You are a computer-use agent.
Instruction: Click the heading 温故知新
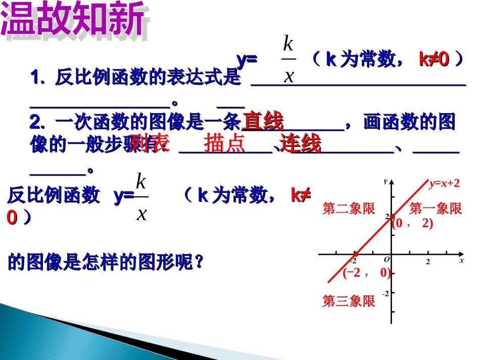click(76, 23)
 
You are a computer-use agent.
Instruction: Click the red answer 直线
click(263, 122)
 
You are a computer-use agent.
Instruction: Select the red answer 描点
click(224, 144)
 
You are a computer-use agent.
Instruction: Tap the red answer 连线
click(301, 144)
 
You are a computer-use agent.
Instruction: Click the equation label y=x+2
click(444, 184)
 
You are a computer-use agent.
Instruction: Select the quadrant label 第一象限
click(436, 209)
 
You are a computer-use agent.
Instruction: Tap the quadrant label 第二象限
click(349, 209)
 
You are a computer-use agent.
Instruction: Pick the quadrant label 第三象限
click(349, 301)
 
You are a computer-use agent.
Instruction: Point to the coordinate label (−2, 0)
click(367, 273)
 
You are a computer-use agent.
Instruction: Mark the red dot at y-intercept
click(392, 216)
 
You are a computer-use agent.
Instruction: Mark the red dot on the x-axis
click(355, 254)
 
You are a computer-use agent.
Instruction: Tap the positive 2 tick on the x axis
click(428, 262)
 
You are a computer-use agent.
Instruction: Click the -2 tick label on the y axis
click(385, 293)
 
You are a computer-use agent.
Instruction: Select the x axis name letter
click(461, 261)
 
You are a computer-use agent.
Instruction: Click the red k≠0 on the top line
click(434, 60)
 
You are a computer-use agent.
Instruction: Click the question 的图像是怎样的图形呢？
click(106, 263)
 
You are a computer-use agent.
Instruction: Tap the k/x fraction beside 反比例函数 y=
click(141, 197)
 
